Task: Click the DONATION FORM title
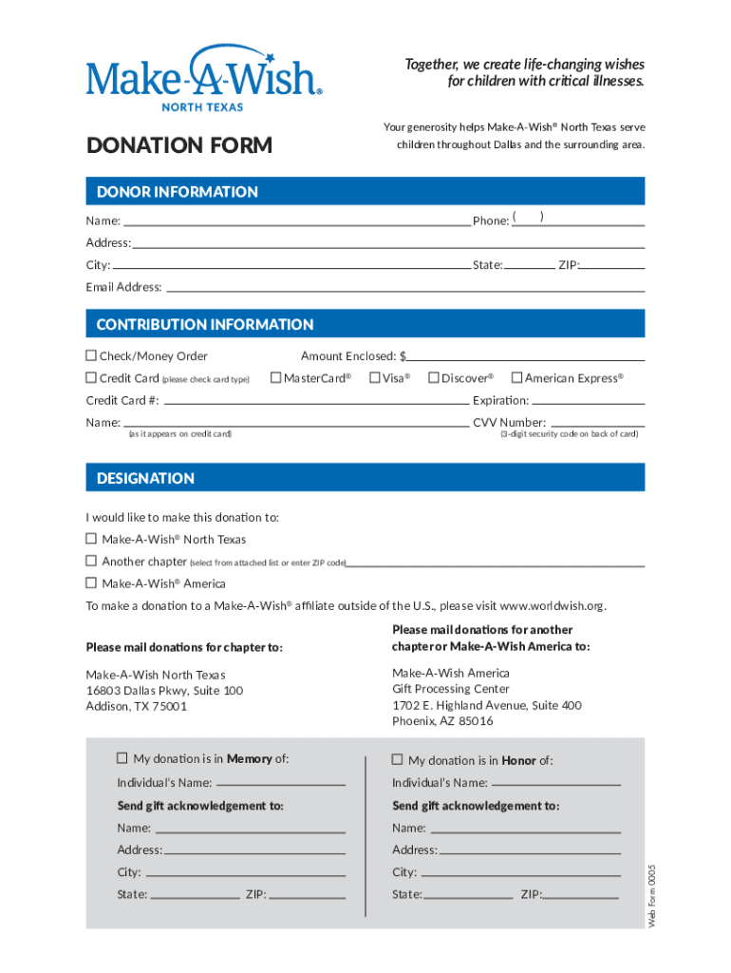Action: coord(179,145)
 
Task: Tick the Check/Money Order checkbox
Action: coord(91,356)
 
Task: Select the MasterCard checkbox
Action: coord(276,378)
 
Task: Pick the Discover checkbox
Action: coord(433,378)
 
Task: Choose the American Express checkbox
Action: coord(516,378)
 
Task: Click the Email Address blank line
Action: coord(405,287)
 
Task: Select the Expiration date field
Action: coord(588,401)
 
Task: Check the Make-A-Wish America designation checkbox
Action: coord(91,583)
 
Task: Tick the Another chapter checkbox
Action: coord(91,562)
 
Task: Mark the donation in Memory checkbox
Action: coord(122,758)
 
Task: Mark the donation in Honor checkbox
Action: coord(398,760)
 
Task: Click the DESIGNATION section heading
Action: coord(145,478)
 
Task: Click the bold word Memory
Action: coord(249,758)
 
